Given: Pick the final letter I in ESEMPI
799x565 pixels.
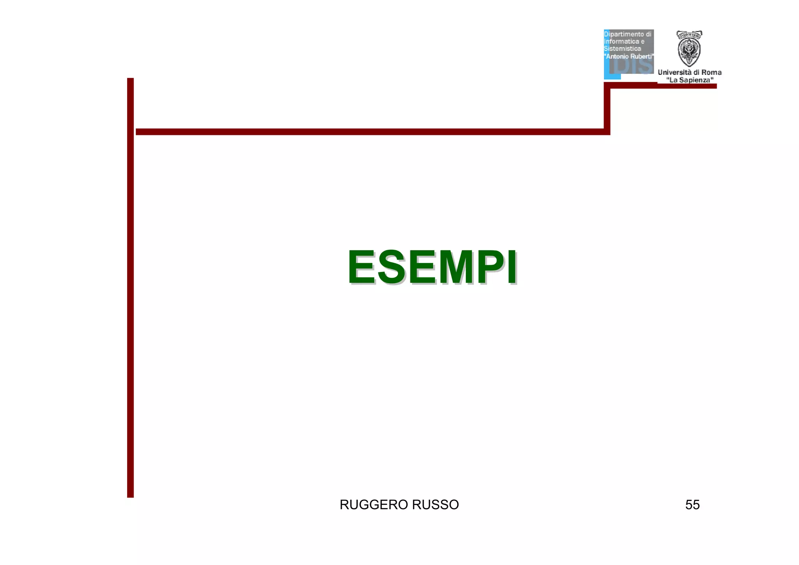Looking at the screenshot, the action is coord(512,267).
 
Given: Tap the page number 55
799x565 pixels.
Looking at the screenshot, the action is coord(692,505).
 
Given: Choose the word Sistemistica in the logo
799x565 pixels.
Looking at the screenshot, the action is coord(622,49).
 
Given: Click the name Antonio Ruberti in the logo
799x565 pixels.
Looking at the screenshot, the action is coord(629,56).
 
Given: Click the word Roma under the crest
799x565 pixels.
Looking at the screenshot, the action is coord(712,72).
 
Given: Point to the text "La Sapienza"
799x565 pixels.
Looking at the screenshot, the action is coord(690,80).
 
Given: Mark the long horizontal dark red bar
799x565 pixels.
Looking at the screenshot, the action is coord(371,131).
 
